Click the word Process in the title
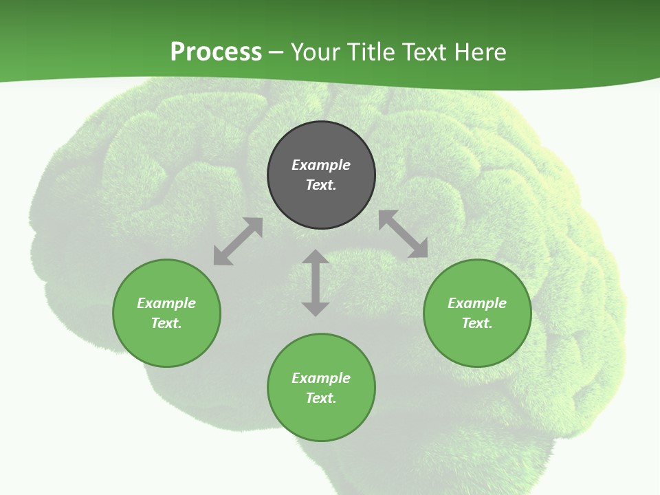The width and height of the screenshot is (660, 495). (x=216, y=52)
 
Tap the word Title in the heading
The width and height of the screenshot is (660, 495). (x=375, y=52)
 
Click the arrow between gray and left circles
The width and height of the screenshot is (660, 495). (x=238, y=241)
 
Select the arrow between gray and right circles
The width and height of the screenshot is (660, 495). (x=403, y=234)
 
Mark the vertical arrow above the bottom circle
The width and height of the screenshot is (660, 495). (x=316, y=283)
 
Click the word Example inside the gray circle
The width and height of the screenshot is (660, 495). (x=321, y=165)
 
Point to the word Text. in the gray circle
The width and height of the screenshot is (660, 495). (x=321, y=185)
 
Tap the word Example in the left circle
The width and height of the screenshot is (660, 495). (x=166, y=303)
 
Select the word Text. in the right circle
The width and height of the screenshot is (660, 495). (x=477, y=323)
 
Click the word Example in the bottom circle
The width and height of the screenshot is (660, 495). (x=321, y=378)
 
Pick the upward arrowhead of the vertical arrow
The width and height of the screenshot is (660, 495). (x=316, y=258)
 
